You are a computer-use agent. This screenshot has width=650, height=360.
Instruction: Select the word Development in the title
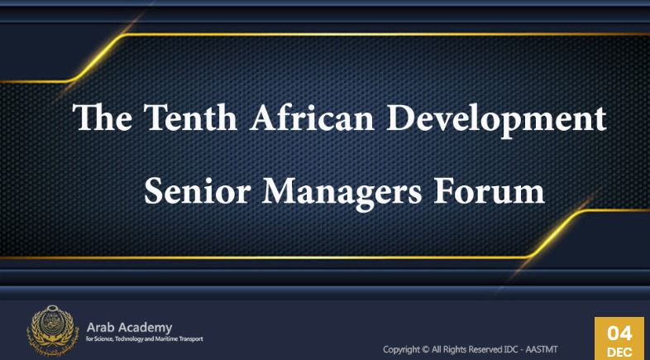pos(497,119)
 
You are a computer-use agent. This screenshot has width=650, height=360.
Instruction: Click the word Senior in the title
pos(198,191)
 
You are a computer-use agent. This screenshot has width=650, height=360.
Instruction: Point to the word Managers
pos(342,194)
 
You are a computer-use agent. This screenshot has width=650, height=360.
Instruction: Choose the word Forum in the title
pos(490,191)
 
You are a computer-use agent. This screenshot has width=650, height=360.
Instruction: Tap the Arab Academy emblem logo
pos(52,330)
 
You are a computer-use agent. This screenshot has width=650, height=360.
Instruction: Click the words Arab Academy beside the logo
pos(129,328)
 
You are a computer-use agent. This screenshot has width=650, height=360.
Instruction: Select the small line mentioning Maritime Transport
pos(145,339)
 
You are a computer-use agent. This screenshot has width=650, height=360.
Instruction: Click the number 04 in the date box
pos(619,334)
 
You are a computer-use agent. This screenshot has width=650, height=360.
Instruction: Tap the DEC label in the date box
pos(619,352)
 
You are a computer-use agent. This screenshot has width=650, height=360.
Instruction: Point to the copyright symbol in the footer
pos(425,349)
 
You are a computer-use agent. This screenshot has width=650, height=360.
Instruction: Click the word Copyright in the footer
pos(401,350)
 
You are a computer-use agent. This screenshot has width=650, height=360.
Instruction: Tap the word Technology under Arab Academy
pos(131,339)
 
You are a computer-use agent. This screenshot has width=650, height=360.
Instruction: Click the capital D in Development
pos(399,118)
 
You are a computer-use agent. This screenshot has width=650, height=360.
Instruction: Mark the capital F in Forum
pos(442,192)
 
